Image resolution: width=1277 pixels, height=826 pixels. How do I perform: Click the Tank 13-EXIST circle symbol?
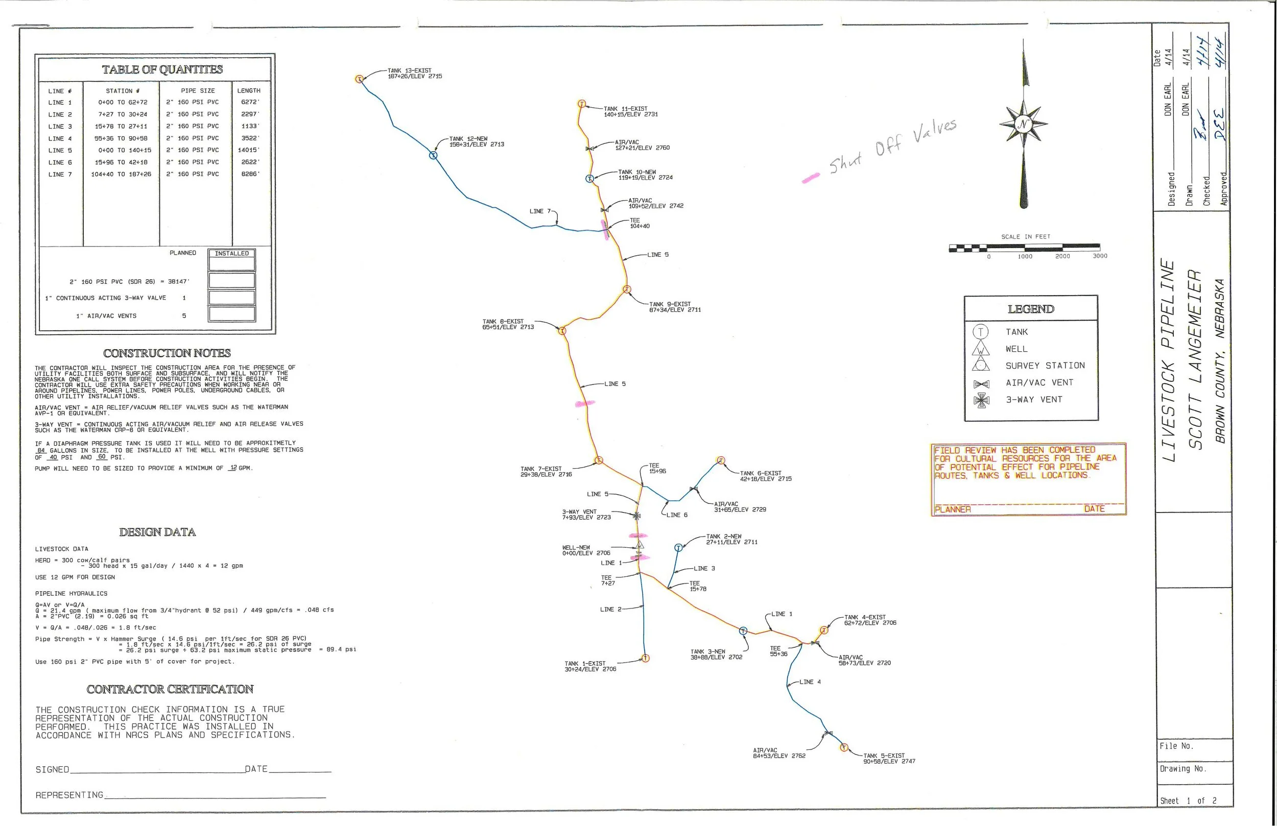coord(360,79)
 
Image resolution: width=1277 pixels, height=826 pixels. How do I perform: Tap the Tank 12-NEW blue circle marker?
coord(433,156)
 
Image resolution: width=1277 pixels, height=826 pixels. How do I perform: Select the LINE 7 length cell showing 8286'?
coord(250,174)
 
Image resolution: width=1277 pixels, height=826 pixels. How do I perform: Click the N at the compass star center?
coord(1023,125)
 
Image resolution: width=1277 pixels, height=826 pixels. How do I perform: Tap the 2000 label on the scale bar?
coord(1062,256)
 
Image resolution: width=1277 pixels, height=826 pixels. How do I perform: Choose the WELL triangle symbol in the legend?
coord(981,349)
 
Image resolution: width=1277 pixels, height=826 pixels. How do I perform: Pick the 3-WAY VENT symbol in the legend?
coord(981,400)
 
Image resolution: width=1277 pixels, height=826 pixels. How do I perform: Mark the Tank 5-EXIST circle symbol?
coord(843,747)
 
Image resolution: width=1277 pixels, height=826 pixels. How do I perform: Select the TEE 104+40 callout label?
coord(639,223)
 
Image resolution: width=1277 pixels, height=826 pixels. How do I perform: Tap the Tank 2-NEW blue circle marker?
coord(678,548)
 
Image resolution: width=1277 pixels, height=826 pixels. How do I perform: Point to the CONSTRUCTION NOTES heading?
coord(167,353)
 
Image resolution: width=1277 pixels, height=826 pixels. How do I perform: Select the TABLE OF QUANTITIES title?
coord(162,69)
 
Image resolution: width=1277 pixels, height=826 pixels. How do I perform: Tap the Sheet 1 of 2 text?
coord(1188,801)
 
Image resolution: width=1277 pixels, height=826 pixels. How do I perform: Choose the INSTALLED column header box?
coord(232,253)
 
